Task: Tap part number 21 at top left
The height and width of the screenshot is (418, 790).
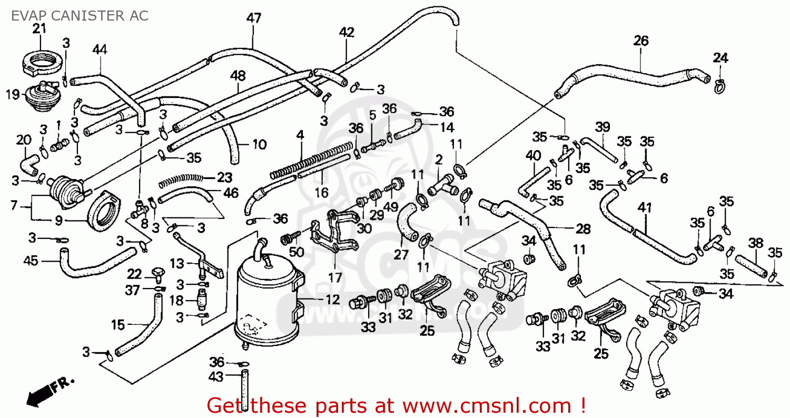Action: (39, 28)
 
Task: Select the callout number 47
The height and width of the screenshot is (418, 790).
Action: (253, 17)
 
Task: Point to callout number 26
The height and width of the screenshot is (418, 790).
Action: (641, 41)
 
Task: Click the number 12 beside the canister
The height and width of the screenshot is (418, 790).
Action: (332, 301)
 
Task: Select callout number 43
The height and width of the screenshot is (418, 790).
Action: (216, 377)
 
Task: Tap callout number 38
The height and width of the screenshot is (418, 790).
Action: (756, 243)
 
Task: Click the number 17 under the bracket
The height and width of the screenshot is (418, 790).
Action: (335, 277)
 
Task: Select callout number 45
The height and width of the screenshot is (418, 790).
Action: (32, 261)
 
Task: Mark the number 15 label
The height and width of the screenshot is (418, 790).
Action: (118, 325)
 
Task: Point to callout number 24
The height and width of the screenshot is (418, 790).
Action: (720, 57)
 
